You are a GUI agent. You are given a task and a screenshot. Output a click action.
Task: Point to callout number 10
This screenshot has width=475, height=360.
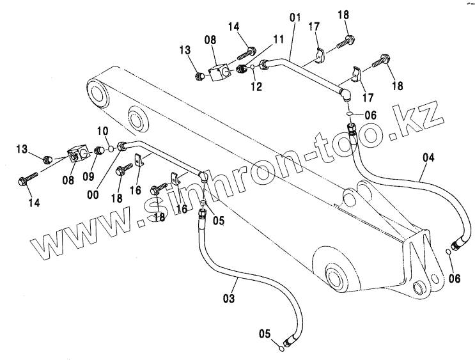coord(102,130)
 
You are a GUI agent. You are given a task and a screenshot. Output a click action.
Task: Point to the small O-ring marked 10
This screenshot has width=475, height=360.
coord(111,149)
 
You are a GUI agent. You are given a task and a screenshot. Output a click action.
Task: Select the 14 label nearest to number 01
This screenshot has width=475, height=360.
coord(234,27)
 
